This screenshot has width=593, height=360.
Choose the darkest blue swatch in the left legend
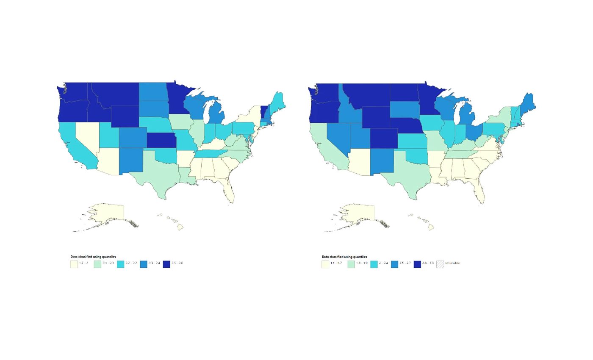coord(166,264)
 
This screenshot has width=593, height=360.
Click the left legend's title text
coord(93,257)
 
